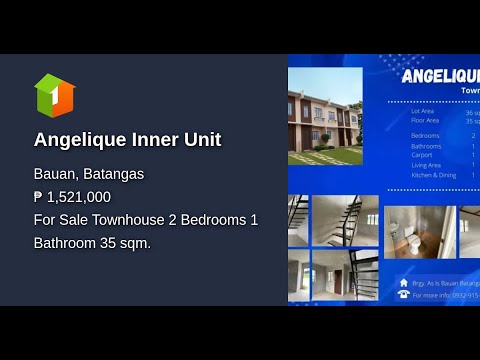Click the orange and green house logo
[x=54, y=95]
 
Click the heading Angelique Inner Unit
[x=127, y=140]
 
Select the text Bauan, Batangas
[x=89, y=174]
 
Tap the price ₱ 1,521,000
[x=72, y=197]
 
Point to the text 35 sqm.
[x=125, y=242]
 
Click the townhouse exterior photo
[x=325, y=116]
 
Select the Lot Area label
[x=424, y=112]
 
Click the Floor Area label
[x=425, y=120]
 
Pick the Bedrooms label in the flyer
[x=425, y=135]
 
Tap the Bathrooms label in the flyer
[x=426, y=146]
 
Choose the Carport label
[x=422, y=155]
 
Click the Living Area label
[x=426, y=165]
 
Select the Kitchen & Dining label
[x=433, y=175]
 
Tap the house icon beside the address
[x=403, y=283]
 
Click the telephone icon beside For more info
[x=403, y=295]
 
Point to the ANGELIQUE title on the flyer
[x=440, y=75]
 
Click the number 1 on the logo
[x=56, y=98]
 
